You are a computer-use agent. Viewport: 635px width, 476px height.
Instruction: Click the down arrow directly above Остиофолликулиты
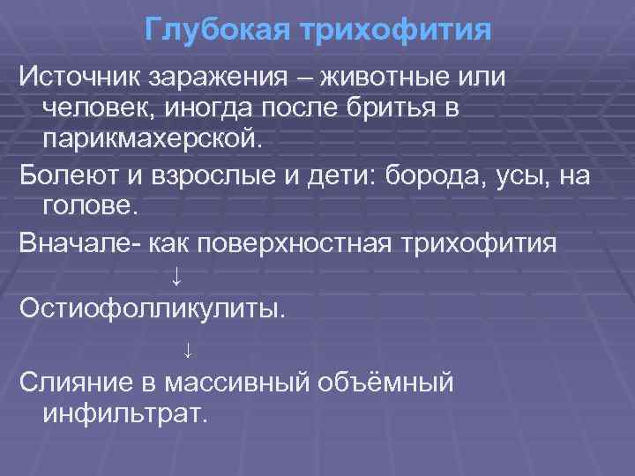coord(176,277)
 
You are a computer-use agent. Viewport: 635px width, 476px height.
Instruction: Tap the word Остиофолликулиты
coord(151,309)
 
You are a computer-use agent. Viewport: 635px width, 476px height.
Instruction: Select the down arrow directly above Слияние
coord(187,350)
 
